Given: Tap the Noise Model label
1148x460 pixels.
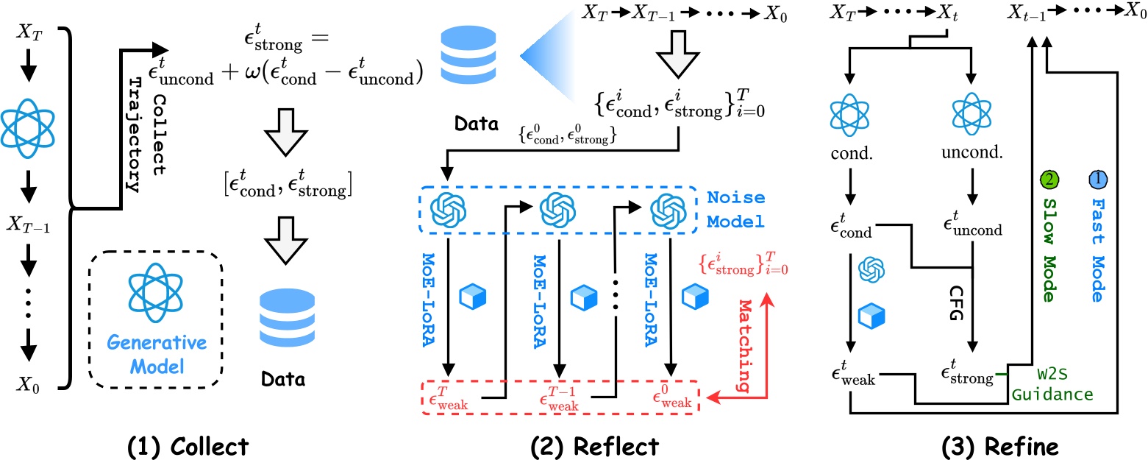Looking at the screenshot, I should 735,209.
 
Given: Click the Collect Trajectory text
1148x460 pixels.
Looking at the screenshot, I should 144,132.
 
